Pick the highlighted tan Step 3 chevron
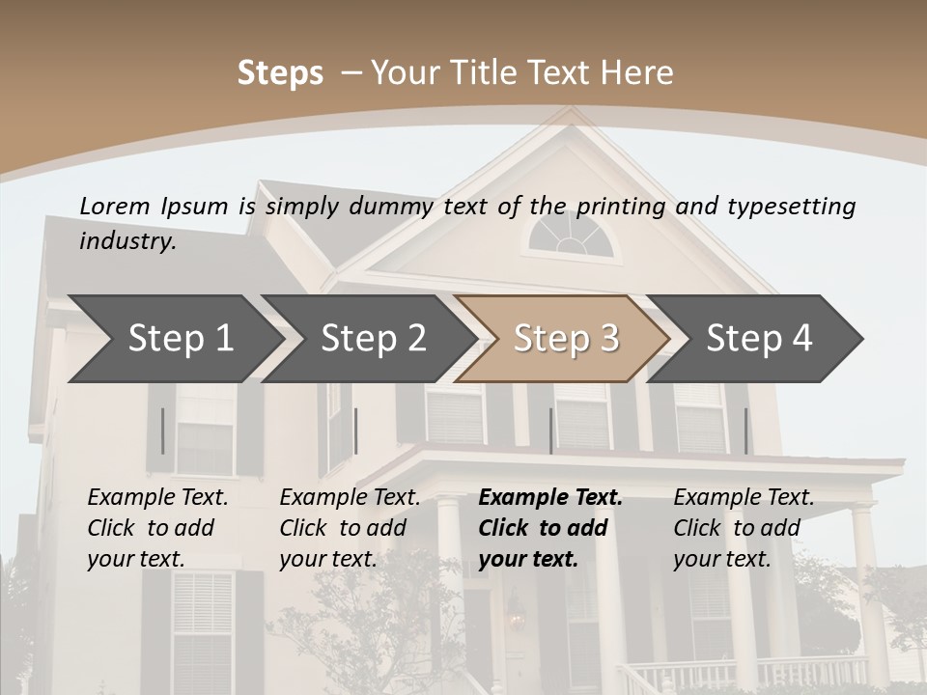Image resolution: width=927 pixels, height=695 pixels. (566, 338)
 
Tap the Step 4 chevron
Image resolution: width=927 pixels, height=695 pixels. (759, 338)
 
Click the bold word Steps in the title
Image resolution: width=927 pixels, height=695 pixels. (280, 72)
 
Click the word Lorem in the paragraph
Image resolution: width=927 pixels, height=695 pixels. (114, 206)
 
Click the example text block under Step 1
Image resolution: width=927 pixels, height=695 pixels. (158, 528)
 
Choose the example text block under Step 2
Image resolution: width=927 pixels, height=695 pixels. (351, 528)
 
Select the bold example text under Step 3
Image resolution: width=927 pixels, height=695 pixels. (550, 528)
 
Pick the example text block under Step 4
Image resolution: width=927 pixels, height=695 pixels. (744, 528)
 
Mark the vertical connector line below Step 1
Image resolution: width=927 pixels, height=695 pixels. (163, 431)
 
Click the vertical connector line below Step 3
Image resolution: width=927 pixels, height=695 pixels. (550, 431)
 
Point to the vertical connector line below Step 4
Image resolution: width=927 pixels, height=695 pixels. (745, 431)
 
